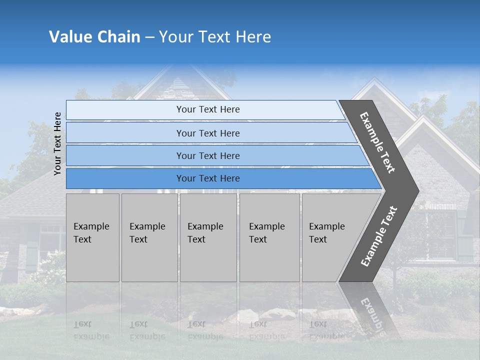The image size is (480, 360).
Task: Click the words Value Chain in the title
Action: (x=94, y=37)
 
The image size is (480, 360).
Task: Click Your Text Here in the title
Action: (x=215, y=37)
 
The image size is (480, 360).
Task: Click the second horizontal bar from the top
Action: (x=207, y=133)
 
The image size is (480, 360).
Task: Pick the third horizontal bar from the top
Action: (x=207, y=155)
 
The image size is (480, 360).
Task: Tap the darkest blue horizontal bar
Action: (x=207, y=178)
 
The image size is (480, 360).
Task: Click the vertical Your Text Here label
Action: (x=57, y=143)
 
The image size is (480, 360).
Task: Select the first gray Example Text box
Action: (x=92, y=237)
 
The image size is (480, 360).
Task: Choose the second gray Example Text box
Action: (x=149, y=237)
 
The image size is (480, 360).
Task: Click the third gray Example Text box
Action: (x=207, y=237)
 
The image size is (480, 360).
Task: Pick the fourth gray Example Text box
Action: (x=269, y=237)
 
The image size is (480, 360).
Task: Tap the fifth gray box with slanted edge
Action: (x=330, y=237)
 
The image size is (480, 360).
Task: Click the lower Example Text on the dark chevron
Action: (x=378, y=236)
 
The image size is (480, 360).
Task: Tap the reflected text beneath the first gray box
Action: (x=91, y=330)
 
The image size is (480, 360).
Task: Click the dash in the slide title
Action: (x=149, y=37)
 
